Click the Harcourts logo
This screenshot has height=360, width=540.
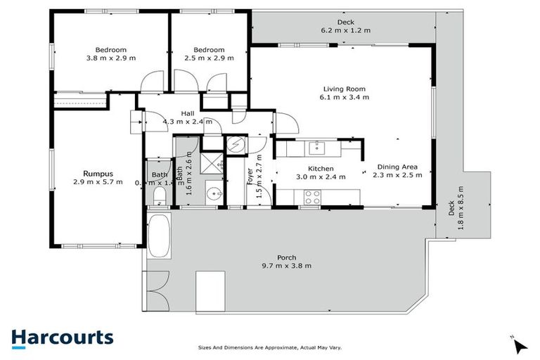(62, 337)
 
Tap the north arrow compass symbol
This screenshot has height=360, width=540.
(520, 345)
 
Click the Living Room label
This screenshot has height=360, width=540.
(345, 89)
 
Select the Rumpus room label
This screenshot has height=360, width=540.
(98, 173)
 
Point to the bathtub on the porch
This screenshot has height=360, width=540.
(158, 236)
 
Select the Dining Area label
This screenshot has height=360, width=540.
(395, 167)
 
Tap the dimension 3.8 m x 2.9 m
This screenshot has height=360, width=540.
(111, 59)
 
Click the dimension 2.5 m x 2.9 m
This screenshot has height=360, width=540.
(209, 59)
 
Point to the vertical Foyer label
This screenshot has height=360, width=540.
(250, 176)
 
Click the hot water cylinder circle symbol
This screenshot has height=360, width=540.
(236, 144)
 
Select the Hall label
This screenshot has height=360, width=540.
(188, 112)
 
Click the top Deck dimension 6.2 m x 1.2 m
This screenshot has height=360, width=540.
(345, 30)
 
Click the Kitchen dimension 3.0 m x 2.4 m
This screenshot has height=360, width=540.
(320, 176)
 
